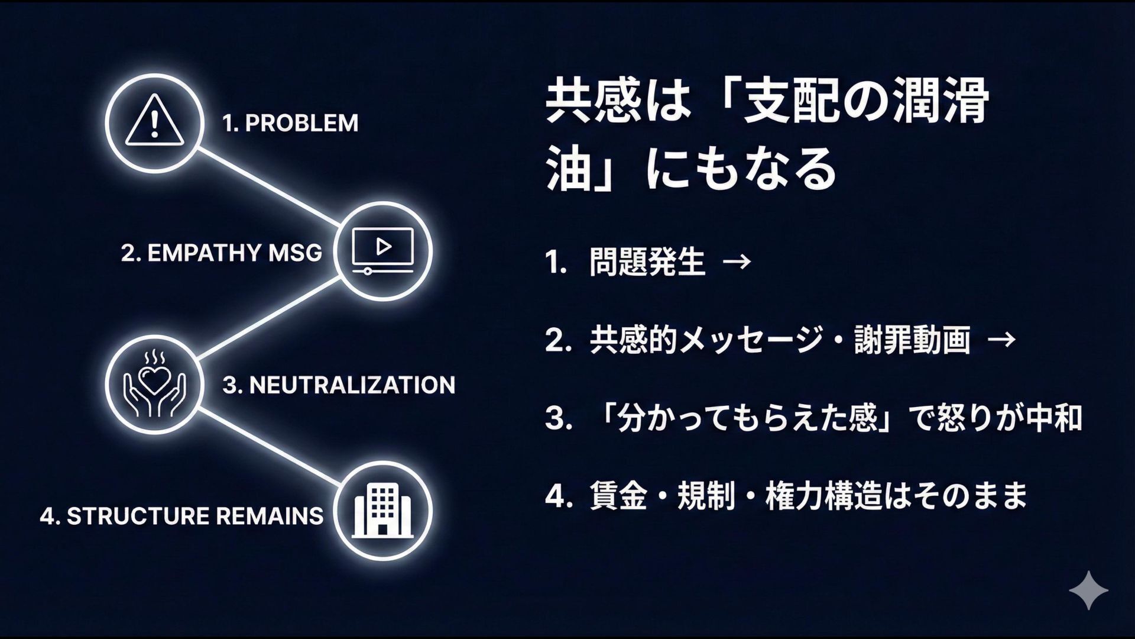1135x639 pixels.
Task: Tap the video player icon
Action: [x=382, y=250]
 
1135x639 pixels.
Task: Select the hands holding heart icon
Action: [x=154, y=385]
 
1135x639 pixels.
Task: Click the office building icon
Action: [x=382, y=511]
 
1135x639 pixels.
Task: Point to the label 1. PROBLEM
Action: [x=290, y=123]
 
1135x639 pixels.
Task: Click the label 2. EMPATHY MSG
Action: [x=222, y=253]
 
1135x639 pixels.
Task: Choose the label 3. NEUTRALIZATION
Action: [x=339, y=385]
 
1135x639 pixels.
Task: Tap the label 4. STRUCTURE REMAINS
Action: [x=181, y=516]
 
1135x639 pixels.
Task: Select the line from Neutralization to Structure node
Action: [x=269, y=447]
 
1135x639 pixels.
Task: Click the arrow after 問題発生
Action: [x=737, y=262]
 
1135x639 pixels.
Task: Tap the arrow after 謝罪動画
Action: [x=1001, y=340]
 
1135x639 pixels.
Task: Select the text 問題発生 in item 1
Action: [x=647, y=262]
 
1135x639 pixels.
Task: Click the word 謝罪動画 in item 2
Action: [x=912, y=340]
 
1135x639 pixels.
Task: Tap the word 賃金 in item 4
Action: [x=618, y=496]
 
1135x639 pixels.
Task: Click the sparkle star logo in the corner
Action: [x=1088, y=590]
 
